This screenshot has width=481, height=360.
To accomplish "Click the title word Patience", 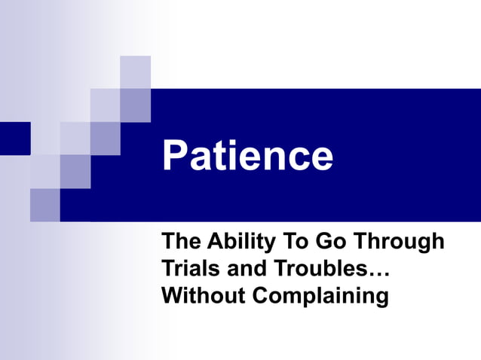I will (x=247, y=157).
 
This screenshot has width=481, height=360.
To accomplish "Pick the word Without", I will (x=204, y=294).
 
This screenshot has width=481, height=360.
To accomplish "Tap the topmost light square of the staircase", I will (x=135, y=72).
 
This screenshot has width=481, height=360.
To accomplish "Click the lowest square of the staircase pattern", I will (x=44, y=205).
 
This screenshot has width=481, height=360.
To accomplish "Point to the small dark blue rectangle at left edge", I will (x=14, y=139).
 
